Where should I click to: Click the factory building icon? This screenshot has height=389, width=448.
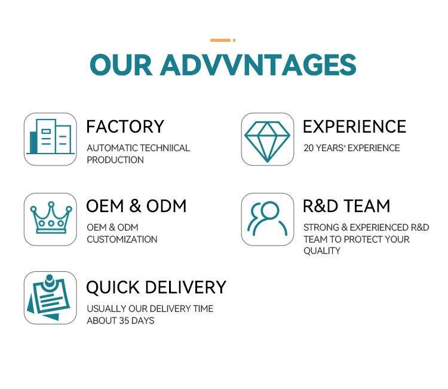[50, 139]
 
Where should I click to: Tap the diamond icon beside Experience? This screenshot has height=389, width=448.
[268, 139]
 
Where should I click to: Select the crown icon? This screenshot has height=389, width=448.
[50, 219]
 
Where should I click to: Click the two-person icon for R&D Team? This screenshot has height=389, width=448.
[268, 219]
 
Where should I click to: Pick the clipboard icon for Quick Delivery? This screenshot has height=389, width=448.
[50, 298]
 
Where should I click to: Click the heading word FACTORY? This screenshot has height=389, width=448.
[125, 127]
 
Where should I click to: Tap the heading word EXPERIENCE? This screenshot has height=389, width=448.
[354, 127]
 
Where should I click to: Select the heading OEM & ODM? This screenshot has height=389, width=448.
[136, 206]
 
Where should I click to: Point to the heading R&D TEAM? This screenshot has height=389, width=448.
[346, 206]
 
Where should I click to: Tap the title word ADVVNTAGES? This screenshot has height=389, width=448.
[258, 65]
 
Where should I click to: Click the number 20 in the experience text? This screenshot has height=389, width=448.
[308, 148]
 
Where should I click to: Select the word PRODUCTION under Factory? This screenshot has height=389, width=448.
[115, 160]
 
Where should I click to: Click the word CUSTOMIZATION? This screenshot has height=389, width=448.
[122, 240]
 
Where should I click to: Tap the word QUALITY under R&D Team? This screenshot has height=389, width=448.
[322, 251]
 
